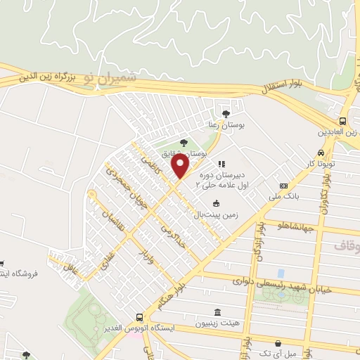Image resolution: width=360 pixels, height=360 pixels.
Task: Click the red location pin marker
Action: [x=181, y=167]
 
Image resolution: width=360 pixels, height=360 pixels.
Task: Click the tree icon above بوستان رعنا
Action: [x=225, y=112]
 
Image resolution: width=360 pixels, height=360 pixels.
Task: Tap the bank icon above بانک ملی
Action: [x=283, y=186]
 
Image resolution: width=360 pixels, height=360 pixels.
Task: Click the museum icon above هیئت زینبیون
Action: [x=216, y=311]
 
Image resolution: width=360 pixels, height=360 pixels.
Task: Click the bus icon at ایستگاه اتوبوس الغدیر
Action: [x=139, y=317]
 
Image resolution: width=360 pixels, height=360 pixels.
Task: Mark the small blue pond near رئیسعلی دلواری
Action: [x=281, y=272]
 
